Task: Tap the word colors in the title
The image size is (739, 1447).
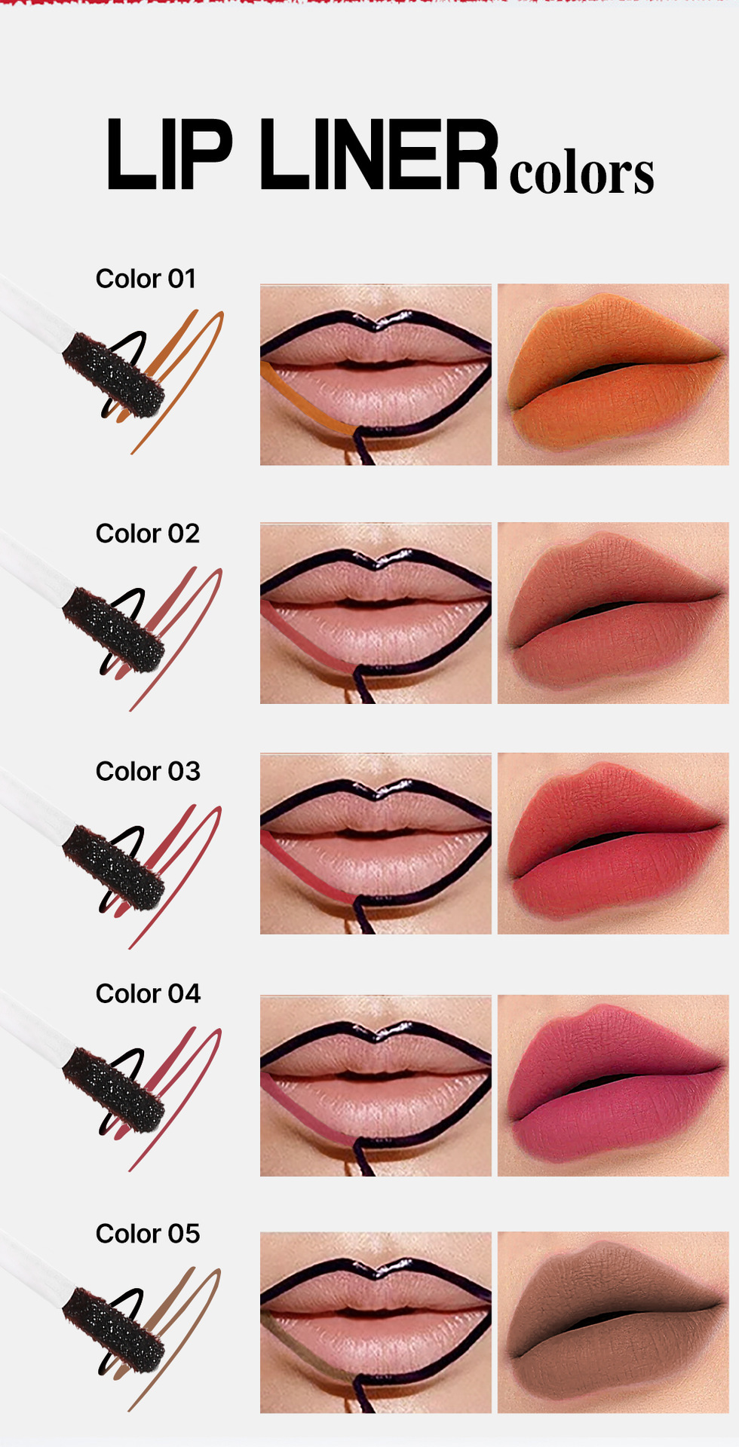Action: pos(581,173)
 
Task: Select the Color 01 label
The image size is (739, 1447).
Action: pos(146,279)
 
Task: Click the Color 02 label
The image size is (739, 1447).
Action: pos(147,534)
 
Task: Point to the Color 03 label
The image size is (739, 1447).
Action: pos(148,772)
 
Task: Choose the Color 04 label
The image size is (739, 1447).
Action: pos(148,994)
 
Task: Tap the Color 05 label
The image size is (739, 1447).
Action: pos(148,1234)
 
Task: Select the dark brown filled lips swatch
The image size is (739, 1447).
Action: pos(613,1323)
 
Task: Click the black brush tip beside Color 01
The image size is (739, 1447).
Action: pos(112,375)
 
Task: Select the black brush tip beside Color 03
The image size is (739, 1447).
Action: pos(113,868)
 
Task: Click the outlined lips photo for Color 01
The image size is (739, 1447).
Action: pos(376,375)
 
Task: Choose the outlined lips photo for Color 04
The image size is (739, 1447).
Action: pos(376,1085)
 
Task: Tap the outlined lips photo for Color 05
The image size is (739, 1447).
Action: pos(376,1323)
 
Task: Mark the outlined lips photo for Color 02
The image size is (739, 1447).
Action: pos(376,613)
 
